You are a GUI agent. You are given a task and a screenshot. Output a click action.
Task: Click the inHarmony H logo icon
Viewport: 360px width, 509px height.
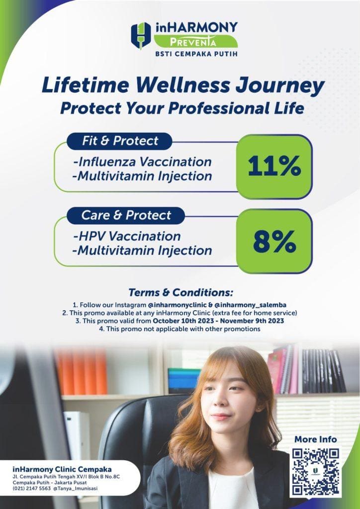(141, 36)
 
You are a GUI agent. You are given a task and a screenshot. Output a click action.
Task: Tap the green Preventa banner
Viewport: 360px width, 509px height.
(195, 41)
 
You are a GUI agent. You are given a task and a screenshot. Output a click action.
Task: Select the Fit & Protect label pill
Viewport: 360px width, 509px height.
(119, 141)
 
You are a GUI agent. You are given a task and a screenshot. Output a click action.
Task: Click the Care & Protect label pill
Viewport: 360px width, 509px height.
(126, 215)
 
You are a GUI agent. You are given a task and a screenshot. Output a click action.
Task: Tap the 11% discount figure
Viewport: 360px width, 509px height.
(274, 168)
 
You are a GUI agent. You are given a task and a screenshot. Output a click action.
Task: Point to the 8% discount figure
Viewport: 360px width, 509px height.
(274, 242)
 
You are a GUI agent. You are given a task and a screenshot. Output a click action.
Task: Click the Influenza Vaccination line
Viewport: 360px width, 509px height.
(142, 162)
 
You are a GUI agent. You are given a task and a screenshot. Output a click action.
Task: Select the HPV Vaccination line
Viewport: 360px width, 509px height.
(127, 236)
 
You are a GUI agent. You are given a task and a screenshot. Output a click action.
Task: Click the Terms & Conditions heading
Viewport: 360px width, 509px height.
(180, 292)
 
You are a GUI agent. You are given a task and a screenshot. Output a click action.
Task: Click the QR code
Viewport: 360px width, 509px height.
(317, 471)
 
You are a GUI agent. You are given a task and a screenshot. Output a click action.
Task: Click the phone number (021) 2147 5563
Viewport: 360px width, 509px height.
(31, 489)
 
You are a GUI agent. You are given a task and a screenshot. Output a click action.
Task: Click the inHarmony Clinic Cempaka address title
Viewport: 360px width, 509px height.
(62, 469)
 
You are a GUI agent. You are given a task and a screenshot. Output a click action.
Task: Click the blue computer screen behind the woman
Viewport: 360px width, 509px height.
(184, 380)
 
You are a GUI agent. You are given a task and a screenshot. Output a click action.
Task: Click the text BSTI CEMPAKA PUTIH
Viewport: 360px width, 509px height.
(195, 54)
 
